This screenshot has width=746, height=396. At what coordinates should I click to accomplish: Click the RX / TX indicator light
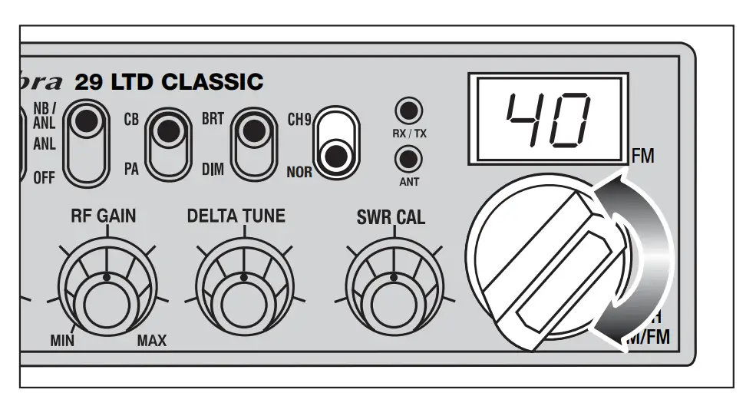click(409, 110)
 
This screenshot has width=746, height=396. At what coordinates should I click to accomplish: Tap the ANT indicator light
click(409, 159)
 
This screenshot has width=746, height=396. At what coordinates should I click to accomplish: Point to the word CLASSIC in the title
click(216, 81)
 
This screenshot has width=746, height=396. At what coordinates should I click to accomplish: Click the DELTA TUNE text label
click(236, 217)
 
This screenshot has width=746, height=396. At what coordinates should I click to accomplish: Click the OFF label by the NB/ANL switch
click(45, 179)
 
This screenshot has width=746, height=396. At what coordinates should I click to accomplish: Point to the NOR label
click(299, 172)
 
